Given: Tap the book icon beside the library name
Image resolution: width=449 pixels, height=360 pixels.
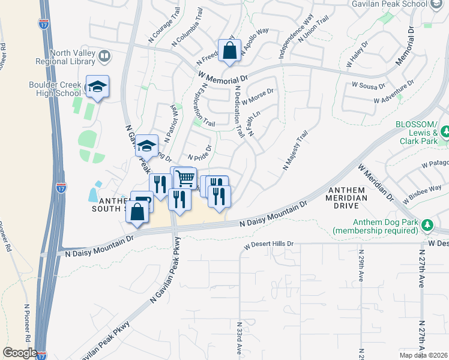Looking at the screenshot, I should coord(105,57).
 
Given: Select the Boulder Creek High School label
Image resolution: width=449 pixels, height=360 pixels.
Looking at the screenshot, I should coord(55,89).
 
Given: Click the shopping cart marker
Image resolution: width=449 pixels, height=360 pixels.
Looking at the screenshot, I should coord(185,177).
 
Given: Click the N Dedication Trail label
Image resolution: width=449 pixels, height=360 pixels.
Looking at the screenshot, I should coord(240,111).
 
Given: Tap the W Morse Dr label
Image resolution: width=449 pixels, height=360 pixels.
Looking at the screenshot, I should coord(258,94).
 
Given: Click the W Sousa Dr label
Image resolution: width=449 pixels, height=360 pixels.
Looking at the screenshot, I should coord(369,86).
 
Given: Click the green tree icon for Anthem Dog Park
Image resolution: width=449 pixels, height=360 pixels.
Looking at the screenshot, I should coord(427,224).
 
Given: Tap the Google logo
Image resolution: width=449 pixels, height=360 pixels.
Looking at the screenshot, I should coord(20,352).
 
